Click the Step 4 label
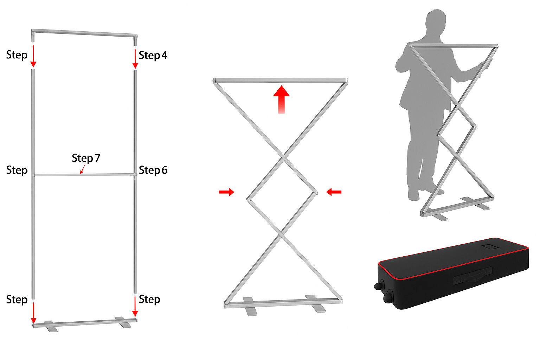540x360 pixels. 153,55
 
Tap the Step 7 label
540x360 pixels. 86,158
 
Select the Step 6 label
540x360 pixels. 153,170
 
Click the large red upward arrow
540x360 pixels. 281,99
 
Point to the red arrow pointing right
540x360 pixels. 227,192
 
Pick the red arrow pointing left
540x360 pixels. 334,192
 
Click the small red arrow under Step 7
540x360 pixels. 83,169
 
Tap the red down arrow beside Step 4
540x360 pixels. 135,59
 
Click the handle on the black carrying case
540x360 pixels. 472,275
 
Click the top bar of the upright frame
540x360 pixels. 84,33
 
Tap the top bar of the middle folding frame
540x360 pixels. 280,80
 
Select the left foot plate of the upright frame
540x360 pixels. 51,326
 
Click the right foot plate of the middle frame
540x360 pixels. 315,304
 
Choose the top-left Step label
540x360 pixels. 17,55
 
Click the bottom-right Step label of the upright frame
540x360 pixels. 149,300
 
